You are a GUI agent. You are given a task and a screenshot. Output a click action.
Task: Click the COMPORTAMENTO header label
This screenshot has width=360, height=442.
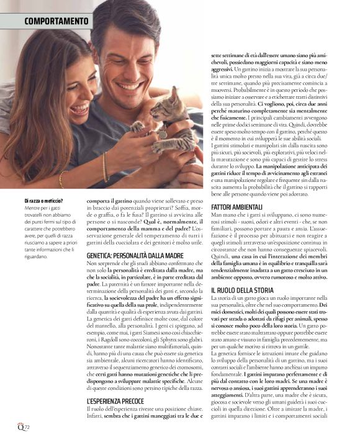coord(56,22)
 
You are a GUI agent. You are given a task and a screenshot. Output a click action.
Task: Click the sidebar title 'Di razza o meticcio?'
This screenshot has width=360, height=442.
coord(44,201)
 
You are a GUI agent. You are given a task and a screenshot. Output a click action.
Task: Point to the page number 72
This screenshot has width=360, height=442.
coord(27,428)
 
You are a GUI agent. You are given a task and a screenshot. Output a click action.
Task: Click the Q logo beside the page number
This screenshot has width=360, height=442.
coord(20,428)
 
